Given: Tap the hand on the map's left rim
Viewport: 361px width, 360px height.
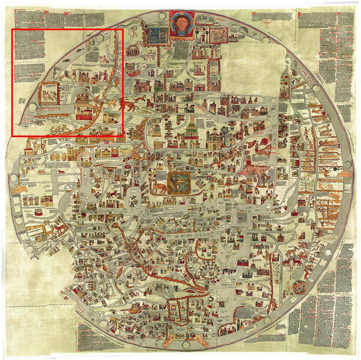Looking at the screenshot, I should pos(17,189).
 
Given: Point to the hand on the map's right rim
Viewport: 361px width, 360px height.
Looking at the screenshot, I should pos(345,174).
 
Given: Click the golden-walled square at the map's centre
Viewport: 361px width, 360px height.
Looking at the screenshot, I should pos(179,183).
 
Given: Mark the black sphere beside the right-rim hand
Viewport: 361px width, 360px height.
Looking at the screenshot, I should pos(334,171).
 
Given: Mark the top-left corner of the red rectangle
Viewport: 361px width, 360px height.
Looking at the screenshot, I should pos(12,29).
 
